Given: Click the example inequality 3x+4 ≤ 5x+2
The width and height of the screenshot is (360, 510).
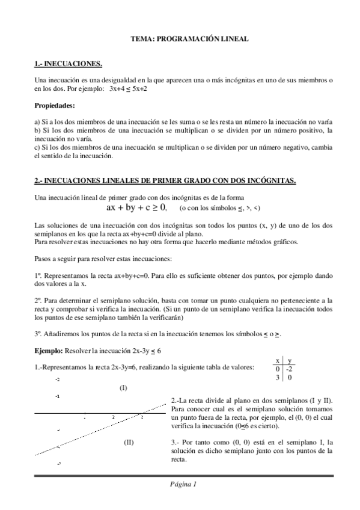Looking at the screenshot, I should [128, 88].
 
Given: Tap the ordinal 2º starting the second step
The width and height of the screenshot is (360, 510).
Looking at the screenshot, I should [38, 299].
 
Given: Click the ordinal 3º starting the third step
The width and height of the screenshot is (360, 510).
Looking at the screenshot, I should [38, 333].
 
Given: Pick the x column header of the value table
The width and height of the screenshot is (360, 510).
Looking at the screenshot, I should [277, 360].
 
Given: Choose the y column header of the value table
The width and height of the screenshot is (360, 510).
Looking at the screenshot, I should [289, 360].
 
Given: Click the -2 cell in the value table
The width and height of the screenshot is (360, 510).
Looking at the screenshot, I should [289, 369].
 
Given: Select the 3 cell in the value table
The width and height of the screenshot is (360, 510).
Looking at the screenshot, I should [277, 378].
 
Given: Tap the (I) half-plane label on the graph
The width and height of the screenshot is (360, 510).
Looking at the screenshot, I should [123, 388].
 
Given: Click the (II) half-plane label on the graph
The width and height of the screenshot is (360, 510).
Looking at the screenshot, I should [129, 441].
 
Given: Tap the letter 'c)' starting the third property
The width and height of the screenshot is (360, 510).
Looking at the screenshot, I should [37, 147].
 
